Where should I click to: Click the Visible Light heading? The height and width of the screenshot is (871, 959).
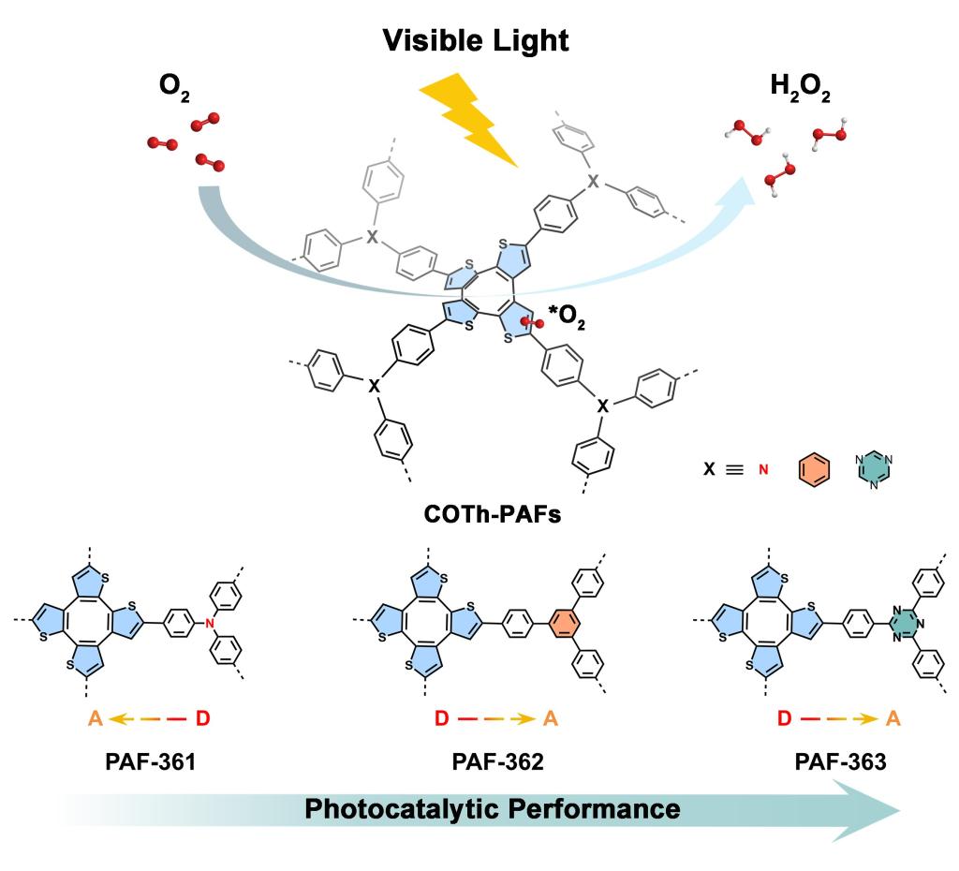[475, 41]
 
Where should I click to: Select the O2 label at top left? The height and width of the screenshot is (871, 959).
[174, 86]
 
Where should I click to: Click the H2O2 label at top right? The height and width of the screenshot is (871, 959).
[800, 86]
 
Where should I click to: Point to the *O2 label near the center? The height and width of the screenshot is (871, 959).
[567, 317]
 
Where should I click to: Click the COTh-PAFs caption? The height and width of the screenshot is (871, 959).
[493, 514]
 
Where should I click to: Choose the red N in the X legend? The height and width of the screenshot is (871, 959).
[763, 470]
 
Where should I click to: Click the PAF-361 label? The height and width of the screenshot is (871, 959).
[151, 762]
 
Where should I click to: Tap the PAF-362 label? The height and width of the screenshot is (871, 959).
[497, 762]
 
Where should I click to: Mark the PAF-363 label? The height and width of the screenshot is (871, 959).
[840, 762]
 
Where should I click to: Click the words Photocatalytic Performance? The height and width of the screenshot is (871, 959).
[493, 808]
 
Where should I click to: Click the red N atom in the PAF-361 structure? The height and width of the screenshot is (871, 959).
[210, 623]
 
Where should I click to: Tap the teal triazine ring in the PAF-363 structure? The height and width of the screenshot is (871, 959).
[906, 623]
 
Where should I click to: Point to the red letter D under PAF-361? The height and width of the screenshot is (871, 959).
[203, 718]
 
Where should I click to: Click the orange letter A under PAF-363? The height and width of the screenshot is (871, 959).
[893, 718]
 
